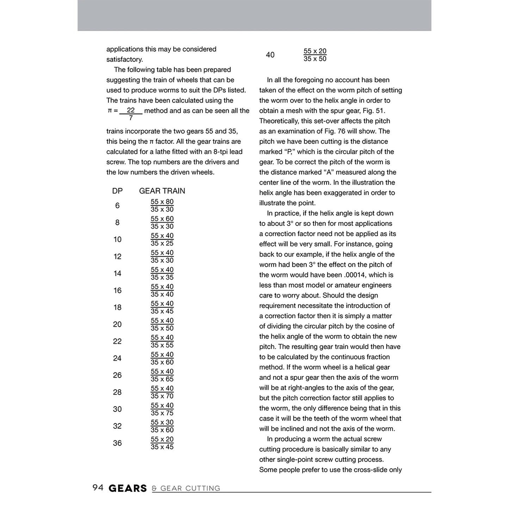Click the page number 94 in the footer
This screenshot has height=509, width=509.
(x=98, y=488)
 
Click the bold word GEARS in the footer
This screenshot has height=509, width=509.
(x=128, y=488)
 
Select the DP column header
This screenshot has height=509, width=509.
(x=117, y=191)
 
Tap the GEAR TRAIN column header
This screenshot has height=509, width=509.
(x=162, y=191)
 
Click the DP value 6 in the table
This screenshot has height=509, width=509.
(x=117, y=206)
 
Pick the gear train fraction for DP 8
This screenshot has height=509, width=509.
(x=162, y=223)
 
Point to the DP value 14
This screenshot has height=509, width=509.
(x=117, y=274)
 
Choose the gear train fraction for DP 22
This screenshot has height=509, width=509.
(x=162, y=341)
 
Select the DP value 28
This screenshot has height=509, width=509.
(x=117, y=392)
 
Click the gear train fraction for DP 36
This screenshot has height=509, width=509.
(x=162, y=443)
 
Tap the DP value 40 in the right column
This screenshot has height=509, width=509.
(x=270, y=55)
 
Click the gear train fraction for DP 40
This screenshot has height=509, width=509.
(x=315, y=55)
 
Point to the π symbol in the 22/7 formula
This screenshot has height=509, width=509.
(x=110, y=111)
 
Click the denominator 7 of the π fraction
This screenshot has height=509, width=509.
(x=131, y=118)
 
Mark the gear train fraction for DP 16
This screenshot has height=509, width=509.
(x=162, y=291)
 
